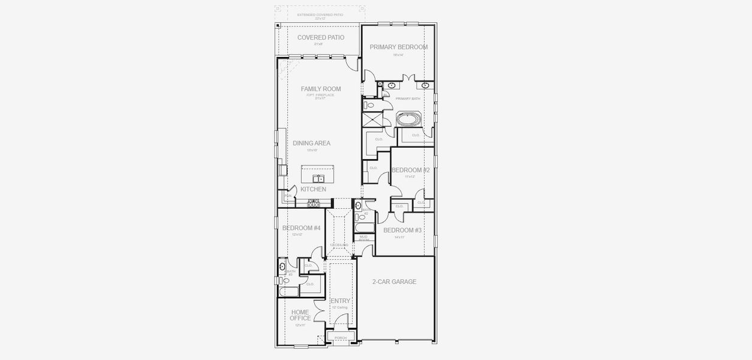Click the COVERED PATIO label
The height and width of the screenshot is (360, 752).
point(321,37)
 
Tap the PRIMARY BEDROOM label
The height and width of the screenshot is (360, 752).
point(398,47)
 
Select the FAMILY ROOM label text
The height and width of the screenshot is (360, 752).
point(321,89)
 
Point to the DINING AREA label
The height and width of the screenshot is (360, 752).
point(311,143)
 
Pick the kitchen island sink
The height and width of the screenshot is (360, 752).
point(318,178)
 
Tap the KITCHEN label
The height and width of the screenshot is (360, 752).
point(313,189)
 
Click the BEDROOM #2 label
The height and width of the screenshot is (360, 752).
point(410,170)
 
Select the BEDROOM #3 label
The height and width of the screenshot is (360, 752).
point(402,230)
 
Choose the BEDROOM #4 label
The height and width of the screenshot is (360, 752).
point(301,228)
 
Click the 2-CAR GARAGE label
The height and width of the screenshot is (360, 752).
point(394,281)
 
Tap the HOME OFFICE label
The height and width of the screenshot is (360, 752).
point(300,315)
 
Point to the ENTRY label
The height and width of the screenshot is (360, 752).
point(340,301)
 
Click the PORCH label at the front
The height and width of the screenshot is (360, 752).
point(341,338)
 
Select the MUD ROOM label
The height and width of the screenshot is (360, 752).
point(364,238)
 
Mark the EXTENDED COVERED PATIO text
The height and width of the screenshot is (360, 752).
point(320,14)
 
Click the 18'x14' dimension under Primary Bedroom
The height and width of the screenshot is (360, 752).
point(398,55)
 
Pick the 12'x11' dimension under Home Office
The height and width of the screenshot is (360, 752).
point(300,325)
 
